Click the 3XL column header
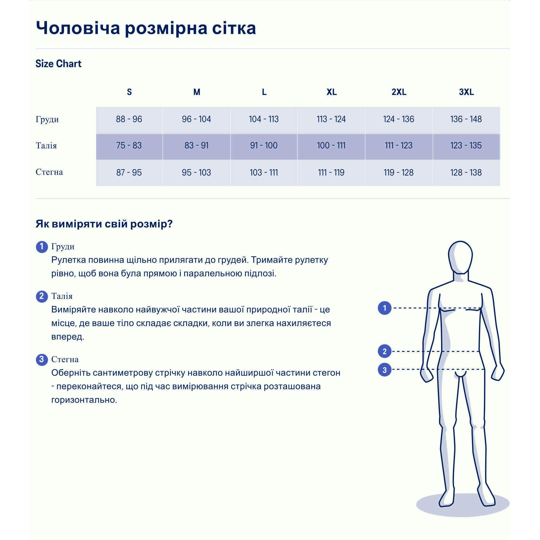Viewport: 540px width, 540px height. (x=466, y=92)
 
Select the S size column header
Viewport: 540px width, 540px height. (x=129, y=92)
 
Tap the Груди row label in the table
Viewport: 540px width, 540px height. (x=47, y=119)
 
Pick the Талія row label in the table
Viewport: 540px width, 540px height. (x=46, y=146)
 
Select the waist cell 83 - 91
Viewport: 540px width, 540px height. (x=196, y=146)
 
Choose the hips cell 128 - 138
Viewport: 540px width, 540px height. (x=466, y=172)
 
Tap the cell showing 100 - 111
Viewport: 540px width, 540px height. (x=331, y=146)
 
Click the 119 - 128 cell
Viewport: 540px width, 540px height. (x=399, y=172)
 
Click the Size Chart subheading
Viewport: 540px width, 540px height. (x=59, y=64)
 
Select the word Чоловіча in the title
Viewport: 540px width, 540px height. (x=78, y=28)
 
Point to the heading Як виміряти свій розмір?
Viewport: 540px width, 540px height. (x=104, y=224)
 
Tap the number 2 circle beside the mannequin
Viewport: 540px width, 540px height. (x=385, y=351)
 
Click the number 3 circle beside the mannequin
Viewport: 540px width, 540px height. (x=385, y=370)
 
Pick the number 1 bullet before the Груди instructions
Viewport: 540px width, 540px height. (x=42, y=247)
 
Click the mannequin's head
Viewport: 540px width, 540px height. (x=460, y=257)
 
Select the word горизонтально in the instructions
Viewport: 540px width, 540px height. (x=84, y=400)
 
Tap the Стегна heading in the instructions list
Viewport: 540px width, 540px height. (x=65, y=359)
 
